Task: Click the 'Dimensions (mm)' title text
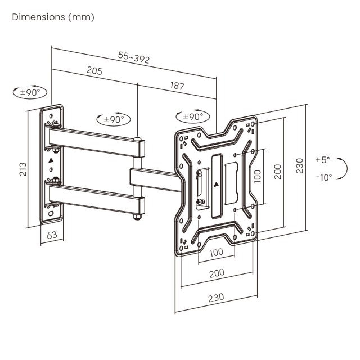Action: point(53,17)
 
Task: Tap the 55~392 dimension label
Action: point(133,57)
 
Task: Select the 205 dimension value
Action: point(94,71)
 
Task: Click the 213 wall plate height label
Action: point(23,168)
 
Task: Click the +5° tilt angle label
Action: point(322,159)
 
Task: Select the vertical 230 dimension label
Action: point(300,165)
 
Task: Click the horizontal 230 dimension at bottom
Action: point(216,296)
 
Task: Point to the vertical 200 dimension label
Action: point(277,172)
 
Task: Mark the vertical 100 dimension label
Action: point(257,175)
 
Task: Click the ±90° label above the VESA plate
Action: point(192,117)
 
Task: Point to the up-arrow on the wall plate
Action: point(51,160)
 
